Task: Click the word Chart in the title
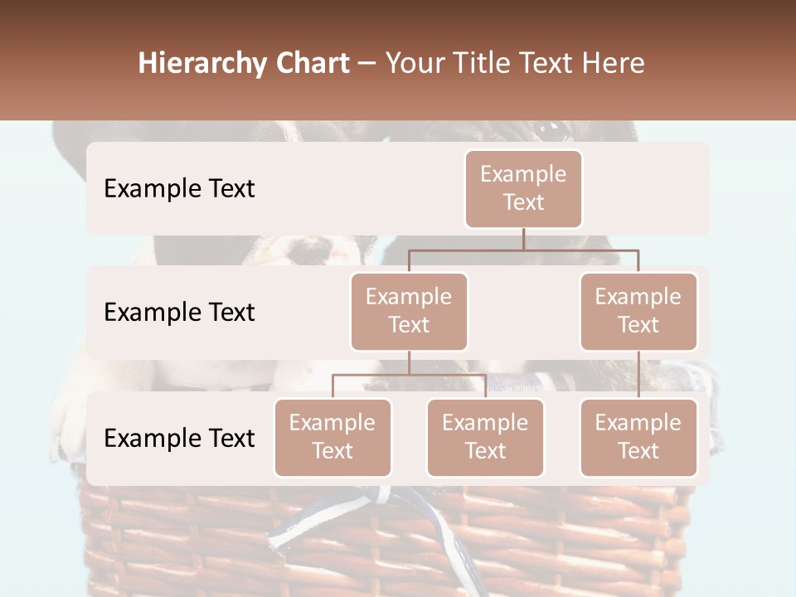pos(312,63)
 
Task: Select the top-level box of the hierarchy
pos(523,188)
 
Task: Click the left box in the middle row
pos(409,311)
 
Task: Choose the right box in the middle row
pos(638,311)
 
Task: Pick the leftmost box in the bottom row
pos(332,437)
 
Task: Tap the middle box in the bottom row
pos(485,437)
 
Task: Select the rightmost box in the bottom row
pos(638,437)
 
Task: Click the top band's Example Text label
pos(179,188)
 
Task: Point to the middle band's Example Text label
pos(179,312)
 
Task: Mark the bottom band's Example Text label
pos(179,438)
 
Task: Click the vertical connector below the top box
pos(523,239)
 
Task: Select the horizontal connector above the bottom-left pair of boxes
pos(409,375)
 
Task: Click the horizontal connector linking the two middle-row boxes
pos(523,250)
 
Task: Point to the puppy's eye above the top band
pos(548,129)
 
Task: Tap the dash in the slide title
pos(367,64)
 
